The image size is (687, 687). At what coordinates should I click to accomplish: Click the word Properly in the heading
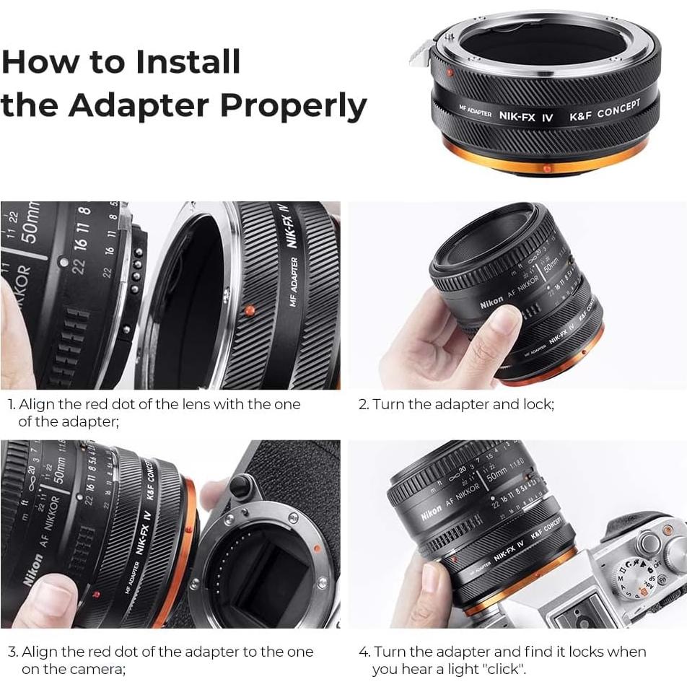point(293,105)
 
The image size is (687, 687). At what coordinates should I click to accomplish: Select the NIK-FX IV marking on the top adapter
point(526,115)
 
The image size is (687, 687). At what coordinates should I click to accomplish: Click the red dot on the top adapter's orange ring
point(546,168)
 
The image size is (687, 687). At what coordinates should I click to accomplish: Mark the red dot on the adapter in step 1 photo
point(249,311)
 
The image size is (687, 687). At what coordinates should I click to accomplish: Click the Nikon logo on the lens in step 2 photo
point(491,301)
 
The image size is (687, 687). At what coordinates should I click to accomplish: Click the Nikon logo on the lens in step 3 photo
point(32,569)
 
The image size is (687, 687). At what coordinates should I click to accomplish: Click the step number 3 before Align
point(12,652)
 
